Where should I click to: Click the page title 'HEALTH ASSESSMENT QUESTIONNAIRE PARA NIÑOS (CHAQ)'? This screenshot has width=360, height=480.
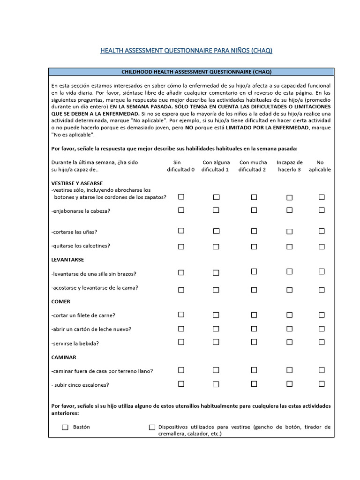pyautogui.click(x=186, y=51)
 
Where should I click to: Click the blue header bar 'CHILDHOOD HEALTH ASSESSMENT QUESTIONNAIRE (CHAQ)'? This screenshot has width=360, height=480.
pyautogui.click(x=191, y=72)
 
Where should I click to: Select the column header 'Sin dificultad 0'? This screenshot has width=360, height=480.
pyautogui.click(x=180, y=166)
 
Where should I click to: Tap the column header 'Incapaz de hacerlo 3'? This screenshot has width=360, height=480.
pyautogui.click(x=289, y=166)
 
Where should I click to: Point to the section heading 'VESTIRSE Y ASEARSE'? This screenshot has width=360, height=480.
pyautogui.click(x=77, y=183)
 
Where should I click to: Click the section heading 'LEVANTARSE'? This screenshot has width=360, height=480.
pyautogui.click(x=67, y=260)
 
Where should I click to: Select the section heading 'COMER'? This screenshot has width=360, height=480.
pyautogui.click(x=60, y=301)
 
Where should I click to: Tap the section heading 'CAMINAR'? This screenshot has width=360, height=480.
pyautogui.click(x=63, y=357)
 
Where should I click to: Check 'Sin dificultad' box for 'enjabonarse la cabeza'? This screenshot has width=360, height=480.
pyautogui.click(x=181, y=210)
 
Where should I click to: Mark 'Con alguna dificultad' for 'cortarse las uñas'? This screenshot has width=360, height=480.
pyautogui.click(x=216, y=231)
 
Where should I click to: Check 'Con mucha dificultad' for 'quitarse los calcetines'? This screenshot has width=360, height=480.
pyautogui.click(x=254, y=245)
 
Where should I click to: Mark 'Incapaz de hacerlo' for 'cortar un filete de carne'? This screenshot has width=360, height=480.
pyautogui.click(x=289, y=315)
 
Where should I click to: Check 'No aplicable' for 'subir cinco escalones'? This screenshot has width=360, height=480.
pyautogui.click(x=322, y=384)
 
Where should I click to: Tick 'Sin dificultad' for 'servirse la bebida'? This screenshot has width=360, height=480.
pyautogui.click(x=181, y=342)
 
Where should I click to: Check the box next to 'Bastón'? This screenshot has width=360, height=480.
pyautogui.click(x=65, y=427)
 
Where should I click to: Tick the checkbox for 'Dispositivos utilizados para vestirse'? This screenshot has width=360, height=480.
pyautogui.click(x=152, y=427)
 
